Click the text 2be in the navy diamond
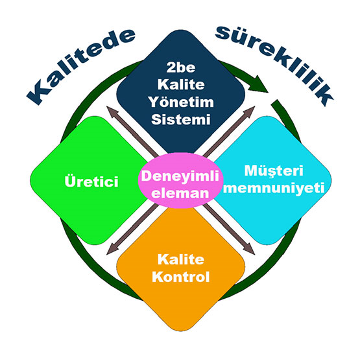181,67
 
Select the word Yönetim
181,102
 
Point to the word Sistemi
181,119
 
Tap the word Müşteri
274,172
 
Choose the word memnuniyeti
274,189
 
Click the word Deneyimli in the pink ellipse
180,177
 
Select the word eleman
180,193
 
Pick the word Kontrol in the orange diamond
181,277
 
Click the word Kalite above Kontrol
181,259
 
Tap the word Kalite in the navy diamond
181,84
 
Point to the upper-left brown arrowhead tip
106,106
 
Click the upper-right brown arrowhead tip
255,106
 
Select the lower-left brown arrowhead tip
106,255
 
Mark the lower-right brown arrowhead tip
255,255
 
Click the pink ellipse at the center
180,180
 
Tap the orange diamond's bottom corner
181,331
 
